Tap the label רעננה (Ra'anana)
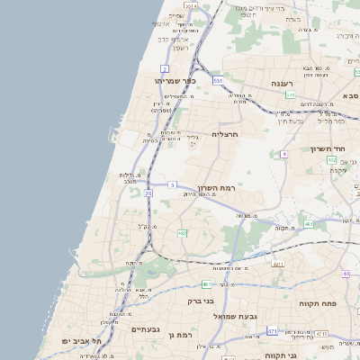283,83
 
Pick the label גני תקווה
280,355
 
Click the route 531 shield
219,80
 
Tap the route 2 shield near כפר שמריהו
165,68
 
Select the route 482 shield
183,233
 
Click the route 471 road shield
272,331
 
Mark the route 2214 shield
192,6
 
